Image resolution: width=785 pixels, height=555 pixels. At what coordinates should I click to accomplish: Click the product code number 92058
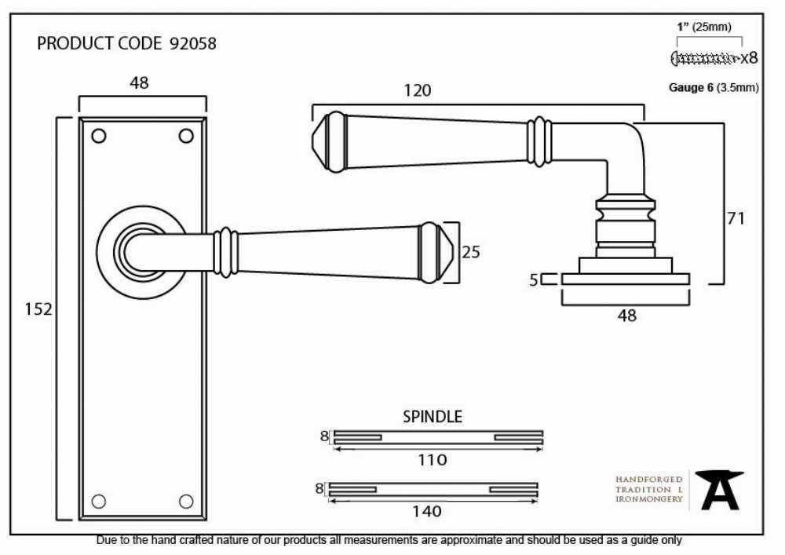point(193,43)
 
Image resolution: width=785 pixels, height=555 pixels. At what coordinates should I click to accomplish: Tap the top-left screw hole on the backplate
point(99,136)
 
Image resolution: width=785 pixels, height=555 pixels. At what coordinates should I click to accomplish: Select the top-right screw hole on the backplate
point(186,136)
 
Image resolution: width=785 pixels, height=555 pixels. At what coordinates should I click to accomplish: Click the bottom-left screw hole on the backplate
point(99,501)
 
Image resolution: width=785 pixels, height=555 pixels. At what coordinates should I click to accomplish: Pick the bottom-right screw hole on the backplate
point(186,501)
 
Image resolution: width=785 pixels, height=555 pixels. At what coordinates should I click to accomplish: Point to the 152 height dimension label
point(38,309)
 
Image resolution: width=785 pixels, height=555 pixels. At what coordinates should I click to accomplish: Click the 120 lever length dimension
point(417,90)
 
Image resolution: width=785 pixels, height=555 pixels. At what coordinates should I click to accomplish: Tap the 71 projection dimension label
point(736,218)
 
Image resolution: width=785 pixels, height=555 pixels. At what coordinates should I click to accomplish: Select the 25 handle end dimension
point(470,252)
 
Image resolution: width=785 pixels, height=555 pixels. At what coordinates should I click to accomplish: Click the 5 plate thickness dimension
point(534,279)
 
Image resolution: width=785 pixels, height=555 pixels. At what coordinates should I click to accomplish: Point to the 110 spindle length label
point(433,459)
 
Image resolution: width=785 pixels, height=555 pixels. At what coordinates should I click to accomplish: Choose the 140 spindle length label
point(427,511)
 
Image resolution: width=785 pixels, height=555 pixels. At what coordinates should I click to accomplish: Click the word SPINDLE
point(433,416)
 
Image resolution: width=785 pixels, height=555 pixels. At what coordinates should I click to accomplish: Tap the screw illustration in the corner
point(705,58)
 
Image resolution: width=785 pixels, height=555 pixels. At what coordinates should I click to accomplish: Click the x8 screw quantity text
point(750,58)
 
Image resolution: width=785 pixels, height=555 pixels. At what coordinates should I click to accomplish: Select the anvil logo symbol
point(720,490)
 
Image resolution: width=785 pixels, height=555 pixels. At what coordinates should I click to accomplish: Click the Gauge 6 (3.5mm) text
point(714,88)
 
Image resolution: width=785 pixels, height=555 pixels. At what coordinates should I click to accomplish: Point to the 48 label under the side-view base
point(626,316)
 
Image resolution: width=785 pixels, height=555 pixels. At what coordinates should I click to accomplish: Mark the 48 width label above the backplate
point(139,82)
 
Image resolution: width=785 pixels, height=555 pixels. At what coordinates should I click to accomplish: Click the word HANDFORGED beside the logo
point(649,480)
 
